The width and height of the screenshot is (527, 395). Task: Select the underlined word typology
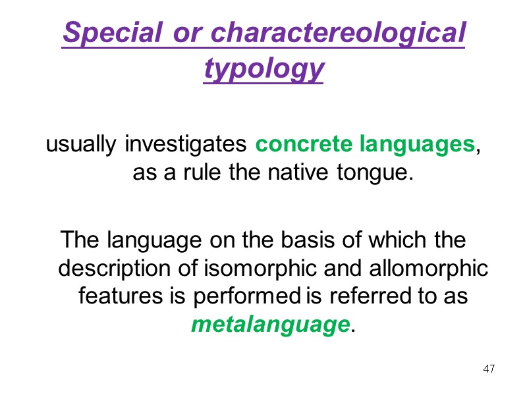pos(263,68)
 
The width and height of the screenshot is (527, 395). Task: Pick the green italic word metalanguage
pos(269,325)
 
